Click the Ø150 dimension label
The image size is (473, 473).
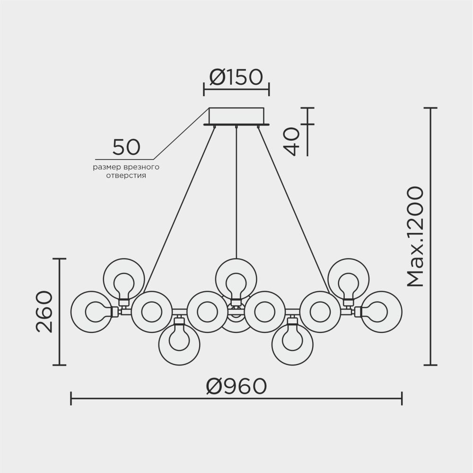click(x=236, y=78)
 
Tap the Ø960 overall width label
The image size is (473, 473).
click(x=236, y=387)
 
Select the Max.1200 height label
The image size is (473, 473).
click(x=415, y=237)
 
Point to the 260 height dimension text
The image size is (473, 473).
click(x=44, y=312)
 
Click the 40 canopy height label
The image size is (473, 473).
click(x=293, y=141)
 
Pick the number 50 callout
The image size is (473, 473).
click(x=126, y=147)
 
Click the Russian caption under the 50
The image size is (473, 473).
click(x=125, y=171)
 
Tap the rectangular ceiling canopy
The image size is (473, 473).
click(x=236, y=116)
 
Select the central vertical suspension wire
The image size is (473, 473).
click(x=236, y=189)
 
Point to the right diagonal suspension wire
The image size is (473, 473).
click(x=293, y=208)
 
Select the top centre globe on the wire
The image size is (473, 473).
click(x=236, y=278)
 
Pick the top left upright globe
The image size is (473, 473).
click(x=124, y=279)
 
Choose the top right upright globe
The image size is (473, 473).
click(x=349, y=279)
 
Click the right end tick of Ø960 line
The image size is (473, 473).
click(x=402, y=398)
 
